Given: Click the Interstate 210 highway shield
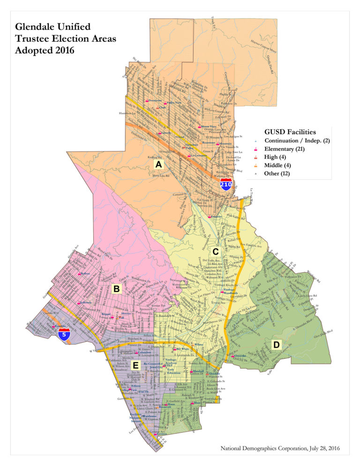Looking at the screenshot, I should tap(226, 185).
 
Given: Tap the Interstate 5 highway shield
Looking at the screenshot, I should tap(65, 334).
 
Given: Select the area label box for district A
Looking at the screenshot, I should tap(158, 165).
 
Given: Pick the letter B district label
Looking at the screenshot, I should tap(116, 289).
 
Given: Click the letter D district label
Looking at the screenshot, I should tap(276, 345).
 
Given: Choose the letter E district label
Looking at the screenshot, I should tap(135, 365).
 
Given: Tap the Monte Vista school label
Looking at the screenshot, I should tap(208, 127).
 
